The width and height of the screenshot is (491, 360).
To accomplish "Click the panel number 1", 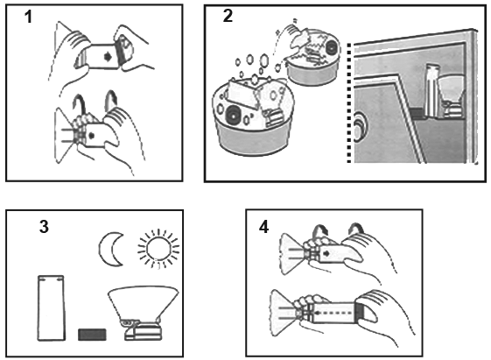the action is click(29, 17).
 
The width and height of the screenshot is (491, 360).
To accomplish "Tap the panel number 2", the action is click(228, 16).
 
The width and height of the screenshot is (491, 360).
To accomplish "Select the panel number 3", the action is click(44, 227).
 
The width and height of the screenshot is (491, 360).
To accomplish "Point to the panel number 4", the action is click(263, 227).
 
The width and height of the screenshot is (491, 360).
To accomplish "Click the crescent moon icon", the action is click(106, 249).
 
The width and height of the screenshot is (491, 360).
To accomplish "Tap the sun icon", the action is click(158, 249).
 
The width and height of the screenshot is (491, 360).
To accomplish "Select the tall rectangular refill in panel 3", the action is click(52, 308).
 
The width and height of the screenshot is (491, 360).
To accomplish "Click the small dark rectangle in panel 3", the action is click(92, 335).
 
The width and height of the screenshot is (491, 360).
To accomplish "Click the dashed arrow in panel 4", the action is click(335, 313).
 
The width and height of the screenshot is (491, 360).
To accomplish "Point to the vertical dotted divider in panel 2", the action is click(349, 103).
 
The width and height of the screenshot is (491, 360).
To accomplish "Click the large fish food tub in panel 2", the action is click(252, 116).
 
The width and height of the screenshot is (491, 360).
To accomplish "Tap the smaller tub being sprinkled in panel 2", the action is click(313, 60).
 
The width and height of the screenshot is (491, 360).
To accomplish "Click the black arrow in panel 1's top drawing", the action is click(108, 57).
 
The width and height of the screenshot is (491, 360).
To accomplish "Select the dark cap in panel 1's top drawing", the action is click(120, 53).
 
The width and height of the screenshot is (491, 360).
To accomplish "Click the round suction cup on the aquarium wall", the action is click(358, 127).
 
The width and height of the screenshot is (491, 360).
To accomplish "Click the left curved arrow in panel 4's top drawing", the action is click(319, 232).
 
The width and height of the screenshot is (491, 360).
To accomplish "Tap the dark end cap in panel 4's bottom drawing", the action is click(360, 313).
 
